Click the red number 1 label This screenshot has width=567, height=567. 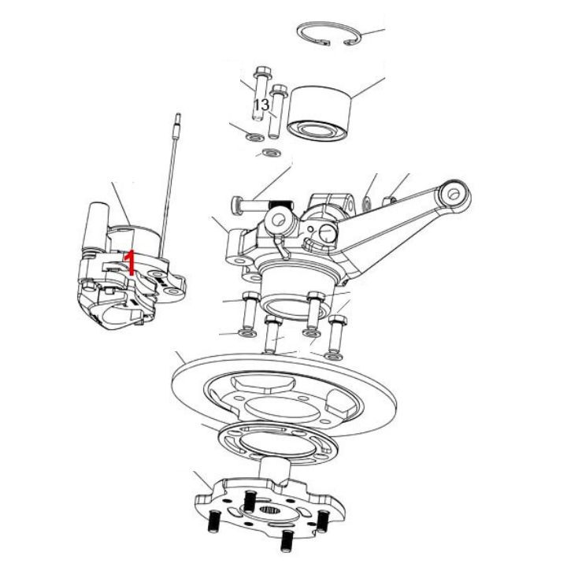(x=129, y=261)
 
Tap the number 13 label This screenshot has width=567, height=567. (x=261, y=105)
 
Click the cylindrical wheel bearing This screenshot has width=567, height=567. (x=319, y=113)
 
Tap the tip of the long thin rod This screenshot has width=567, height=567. (x=177, y=116)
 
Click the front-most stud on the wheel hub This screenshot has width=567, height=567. (x=287, y=539)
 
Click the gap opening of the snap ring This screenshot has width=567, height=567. (x=337, y=43)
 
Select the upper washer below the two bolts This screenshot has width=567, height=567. (x=255, y=137)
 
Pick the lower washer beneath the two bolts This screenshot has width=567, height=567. (x=271, y=153)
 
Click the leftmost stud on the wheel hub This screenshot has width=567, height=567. (x=214, y=521)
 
